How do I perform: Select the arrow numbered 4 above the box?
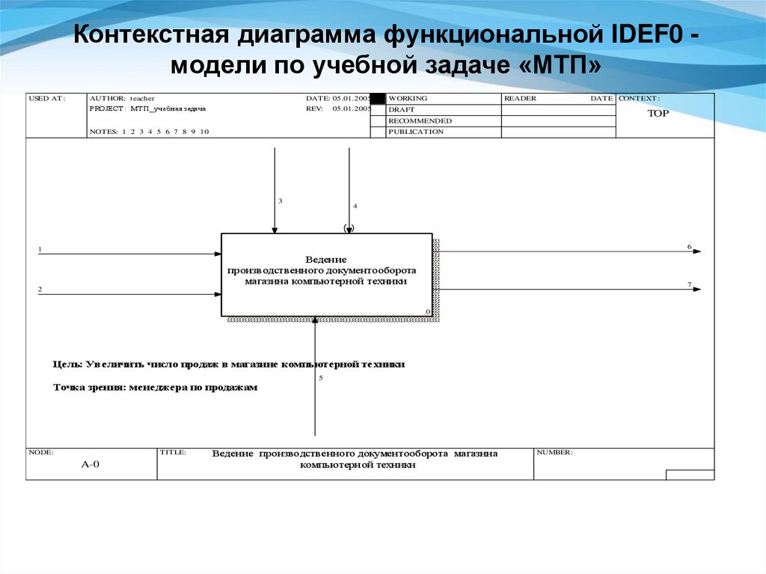(x=349, y=187)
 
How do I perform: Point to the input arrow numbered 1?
(x=127, y=254)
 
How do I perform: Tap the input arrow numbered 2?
(x=127, y=294)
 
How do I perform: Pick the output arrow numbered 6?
(x=569, y=251)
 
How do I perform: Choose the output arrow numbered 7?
(x=569, y=289)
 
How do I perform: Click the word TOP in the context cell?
(x=658, y=114)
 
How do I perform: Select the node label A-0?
(x=91, y=464)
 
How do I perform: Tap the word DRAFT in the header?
(x=402, y=110)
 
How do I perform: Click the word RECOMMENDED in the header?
(x=420, y=120)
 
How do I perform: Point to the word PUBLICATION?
(x=416, y=132)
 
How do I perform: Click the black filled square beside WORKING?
(x=378, y=98)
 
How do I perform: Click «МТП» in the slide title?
(x=557, y=65)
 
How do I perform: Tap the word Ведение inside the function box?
(x=326, y=258)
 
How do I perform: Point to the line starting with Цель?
(x=229, y=364)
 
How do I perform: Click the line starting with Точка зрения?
(x=155, y=388)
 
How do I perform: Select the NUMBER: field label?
(x=554, y=452)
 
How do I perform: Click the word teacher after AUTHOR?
(x=142, y=98)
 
